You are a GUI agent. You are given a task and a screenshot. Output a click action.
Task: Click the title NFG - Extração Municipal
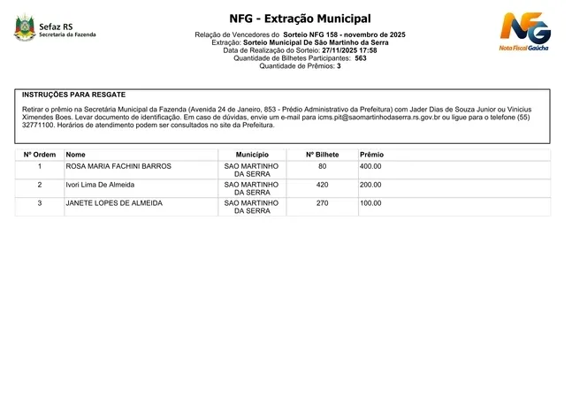(300, 19)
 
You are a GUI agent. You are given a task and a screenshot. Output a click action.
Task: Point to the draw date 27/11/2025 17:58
(349, 50)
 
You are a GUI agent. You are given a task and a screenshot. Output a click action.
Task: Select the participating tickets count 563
(361, 58)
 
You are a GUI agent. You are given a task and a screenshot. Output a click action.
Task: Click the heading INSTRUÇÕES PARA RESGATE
(73, 94)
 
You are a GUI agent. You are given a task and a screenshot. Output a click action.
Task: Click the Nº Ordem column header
(39, 155)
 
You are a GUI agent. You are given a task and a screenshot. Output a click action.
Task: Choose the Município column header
(252, 155)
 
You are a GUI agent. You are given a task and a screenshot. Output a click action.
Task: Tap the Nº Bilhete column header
(322, 155)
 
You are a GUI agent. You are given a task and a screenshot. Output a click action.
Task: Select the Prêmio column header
(372, 155)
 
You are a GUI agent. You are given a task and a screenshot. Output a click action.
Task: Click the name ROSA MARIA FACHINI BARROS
(118, 166)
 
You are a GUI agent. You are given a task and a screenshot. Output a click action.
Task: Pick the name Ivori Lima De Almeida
(101, 185)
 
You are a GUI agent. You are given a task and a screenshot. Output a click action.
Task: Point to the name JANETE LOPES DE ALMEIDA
(114, 203)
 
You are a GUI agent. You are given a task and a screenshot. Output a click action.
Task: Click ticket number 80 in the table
(322, 166)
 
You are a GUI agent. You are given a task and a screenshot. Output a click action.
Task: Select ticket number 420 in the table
(322, 185)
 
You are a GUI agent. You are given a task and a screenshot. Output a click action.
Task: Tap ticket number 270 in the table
(322, 203)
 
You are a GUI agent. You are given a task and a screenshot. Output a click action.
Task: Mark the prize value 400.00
(370, 166)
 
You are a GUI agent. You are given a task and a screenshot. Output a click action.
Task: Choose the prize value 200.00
(370, 185)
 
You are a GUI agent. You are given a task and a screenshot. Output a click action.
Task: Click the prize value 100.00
(370, 203)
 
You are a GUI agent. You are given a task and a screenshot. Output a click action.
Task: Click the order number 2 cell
(39, 185)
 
